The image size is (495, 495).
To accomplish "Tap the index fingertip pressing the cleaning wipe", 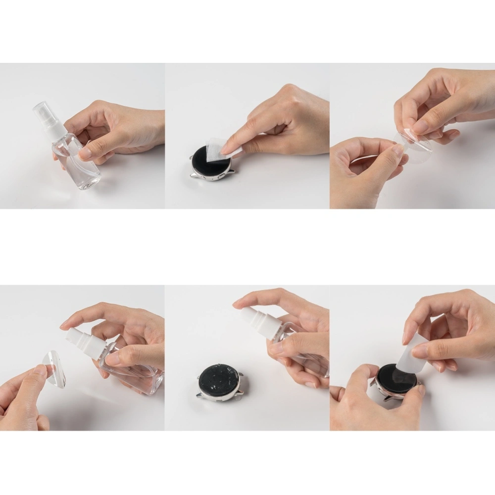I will pos(229,148).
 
